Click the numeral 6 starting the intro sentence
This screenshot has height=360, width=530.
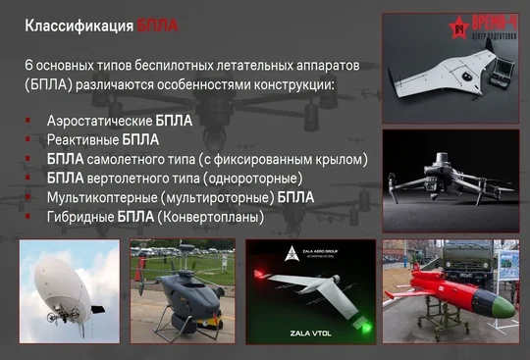[x=29, y=64]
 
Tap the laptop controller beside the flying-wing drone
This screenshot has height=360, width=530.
[x=501, y=97]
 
